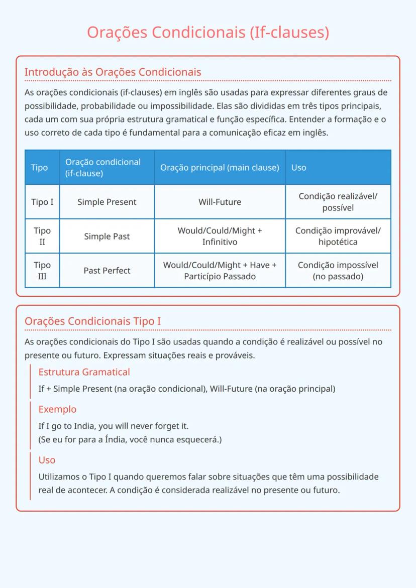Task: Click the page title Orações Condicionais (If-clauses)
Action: tap(208, 32)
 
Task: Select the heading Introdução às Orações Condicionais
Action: tap(113, 72)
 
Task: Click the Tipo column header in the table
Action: tap(39, 168)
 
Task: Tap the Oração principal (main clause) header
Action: tap(220, 168)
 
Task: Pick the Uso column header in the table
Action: tap(298, 168)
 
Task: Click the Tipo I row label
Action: tap(42, 202)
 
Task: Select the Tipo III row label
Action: tap(42, 271)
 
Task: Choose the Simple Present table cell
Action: tap(107, 202)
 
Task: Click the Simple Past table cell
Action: tap(107, 237)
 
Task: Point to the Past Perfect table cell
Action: tap(107, 271)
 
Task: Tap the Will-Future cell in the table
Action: tap(220, 202)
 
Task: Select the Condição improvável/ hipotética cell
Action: tap(338, 237)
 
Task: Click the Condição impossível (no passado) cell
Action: tap(338, 271)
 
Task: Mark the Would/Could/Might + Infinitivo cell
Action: tap(220, 237)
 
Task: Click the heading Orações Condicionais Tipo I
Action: tap(92, 321)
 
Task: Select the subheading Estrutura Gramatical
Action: tap(84, 372)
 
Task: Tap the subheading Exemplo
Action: tap(57, 409)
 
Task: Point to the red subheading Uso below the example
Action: tap(47, 460)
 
